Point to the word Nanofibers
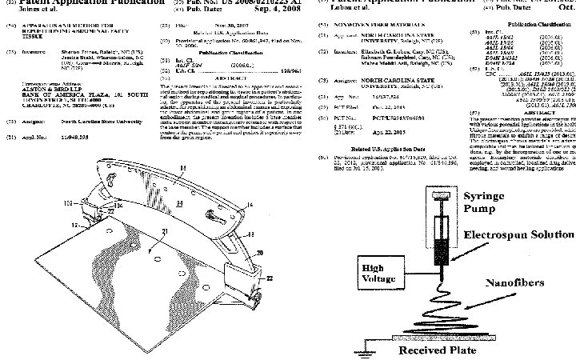click(x=519, y=283)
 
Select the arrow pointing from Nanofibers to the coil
click(x=472, y=286)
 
